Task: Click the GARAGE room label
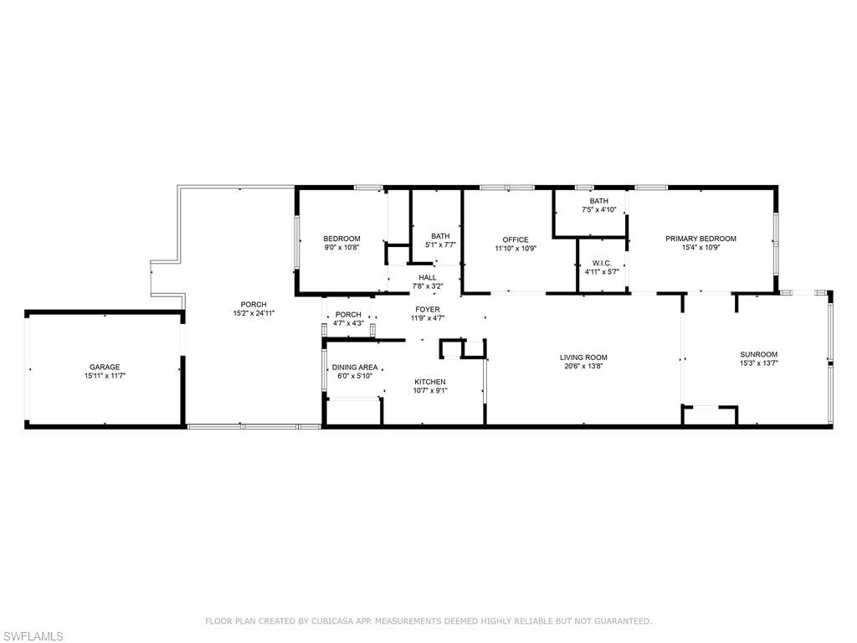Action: point(105,367)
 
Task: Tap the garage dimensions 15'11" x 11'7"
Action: point(105,377)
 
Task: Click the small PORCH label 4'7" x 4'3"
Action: point(348,315)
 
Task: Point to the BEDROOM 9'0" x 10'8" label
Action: point(341,239)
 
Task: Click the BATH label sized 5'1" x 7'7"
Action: point(440,236)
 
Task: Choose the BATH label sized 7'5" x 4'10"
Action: point(598,201)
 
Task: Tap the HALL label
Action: point(428,277)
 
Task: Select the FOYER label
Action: point(428,309)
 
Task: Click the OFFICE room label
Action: point(516,239)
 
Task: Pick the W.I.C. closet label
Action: point(602,262)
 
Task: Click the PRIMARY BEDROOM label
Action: point(700,239)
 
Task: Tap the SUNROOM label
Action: point(758,354)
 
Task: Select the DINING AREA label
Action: point(355,367)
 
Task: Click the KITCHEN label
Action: point(430,382)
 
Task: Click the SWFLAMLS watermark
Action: point(32,636)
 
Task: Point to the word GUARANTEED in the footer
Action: point(619,621)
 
